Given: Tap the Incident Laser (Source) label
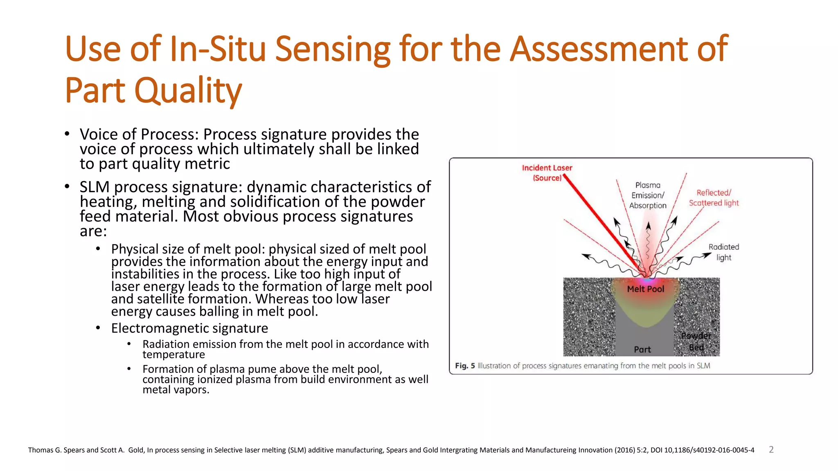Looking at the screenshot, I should point(547,173).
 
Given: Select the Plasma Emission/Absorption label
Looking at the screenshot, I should point(648,195).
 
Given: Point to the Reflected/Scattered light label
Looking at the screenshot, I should point(714,198).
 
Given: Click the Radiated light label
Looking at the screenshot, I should point(723,252).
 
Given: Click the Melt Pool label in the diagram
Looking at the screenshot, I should point(646,289).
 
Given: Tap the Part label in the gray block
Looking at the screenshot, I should point(642,350).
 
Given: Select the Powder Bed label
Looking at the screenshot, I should point(696,341).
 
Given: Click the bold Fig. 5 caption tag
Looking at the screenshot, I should point(465,366).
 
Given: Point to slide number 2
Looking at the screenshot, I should point(771,450).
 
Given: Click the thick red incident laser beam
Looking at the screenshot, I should point(601,225).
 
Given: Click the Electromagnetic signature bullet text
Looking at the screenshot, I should point(189,328).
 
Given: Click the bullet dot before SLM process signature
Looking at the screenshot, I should point(67,187).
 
